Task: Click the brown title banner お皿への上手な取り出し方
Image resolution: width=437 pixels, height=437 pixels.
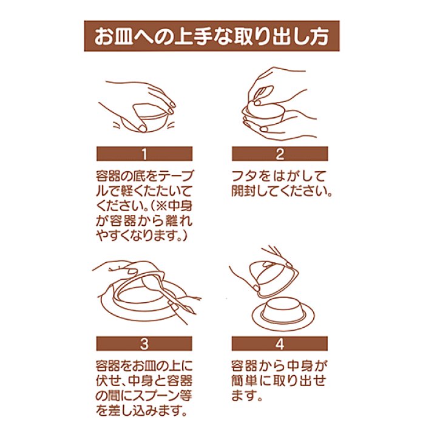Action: coord(212,36)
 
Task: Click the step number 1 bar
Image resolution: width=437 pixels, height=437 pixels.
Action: coord(144,154)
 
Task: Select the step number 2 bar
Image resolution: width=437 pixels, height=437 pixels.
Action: coord(280,154)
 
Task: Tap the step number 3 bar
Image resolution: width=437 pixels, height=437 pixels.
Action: coord(144,344)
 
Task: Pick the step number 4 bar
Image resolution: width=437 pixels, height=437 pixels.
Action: coord(280,344)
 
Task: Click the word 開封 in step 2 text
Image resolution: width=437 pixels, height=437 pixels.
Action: coord(243,191)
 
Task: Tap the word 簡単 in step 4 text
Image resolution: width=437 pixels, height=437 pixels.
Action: coord(243,381)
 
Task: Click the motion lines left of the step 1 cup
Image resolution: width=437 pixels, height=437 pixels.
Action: coord(117,125)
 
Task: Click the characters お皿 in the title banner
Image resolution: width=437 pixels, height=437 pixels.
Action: coord(113,36)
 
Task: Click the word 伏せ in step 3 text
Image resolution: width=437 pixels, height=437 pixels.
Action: coord(108,381)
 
